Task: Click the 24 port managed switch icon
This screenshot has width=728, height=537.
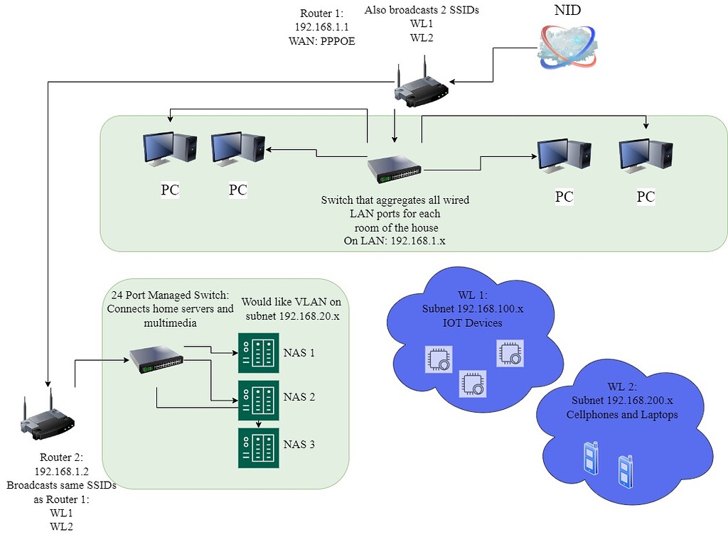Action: [x=155, y=360]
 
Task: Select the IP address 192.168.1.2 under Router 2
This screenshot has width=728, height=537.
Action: [x=62, y=471]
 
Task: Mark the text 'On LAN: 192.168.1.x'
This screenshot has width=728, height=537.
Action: [x=395, y=241]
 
